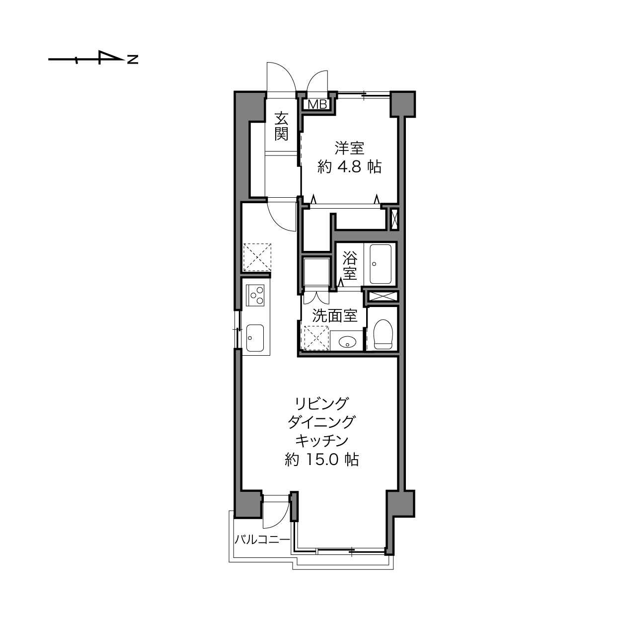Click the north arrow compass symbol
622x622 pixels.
point(93,59)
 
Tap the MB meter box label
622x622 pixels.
point(317,104)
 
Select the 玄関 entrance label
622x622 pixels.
point(281,126)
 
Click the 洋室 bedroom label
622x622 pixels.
point(349,148)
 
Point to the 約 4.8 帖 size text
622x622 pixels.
point(349,167)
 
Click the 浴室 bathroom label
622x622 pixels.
point(350,266)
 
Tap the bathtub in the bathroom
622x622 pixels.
point(380,264)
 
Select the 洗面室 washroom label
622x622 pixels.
point(335,316)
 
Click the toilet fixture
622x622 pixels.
point(383,334)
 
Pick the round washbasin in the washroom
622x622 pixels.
point(347,341)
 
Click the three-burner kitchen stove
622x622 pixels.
point(255,295)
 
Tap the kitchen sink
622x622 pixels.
point(255,338)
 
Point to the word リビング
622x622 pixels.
point(322,404)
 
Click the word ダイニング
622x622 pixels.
point(321,422)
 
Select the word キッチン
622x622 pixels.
point(322,441)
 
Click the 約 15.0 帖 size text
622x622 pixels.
point(322,460)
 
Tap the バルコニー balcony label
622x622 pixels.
point(262,539)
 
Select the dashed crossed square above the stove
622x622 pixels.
point(257,257)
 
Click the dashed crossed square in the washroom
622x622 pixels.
point(316,338)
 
